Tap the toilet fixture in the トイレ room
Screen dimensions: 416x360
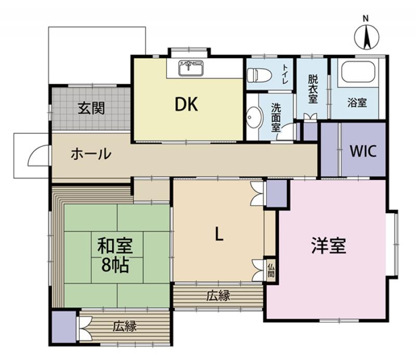[x=259, y=75]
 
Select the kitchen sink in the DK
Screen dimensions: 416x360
[x=191, y=69]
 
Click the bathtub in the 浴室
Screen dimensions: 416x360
[x=358, y=72]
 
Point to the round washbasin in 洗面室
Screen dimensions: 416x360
[x=254, y=117]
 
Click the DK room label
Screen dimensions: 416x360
[x=186, y=105]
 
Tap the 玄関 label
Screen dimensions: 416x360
[x=92, y=108]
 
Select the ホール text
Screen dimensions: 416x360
[x=90, y=154]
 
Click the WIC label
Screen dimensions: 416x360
[x=363, y=151]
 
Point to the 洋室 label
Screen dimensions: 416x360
[x=329, y=246]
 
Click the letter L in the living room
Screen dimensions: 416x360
[x=218, y=234]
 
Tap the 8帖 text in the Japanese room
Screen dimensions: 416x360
[x=115, y=265]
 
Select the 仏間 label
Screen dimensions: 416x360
[x=271, y=271]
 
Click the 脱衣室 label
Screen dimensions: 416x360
[x=313, y=89]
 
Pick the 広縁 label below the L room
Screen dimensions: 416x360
[x=218, y=295]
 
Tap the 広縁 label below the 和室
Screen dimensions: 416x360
[x=125, y=326]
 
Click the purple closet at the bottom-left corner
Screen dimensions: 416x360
[x=64, y=327]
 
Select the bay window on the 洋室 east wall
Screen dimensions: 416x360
[x=393, y=244]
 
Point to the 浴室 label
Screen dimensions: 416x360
[x=357, y=102]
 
